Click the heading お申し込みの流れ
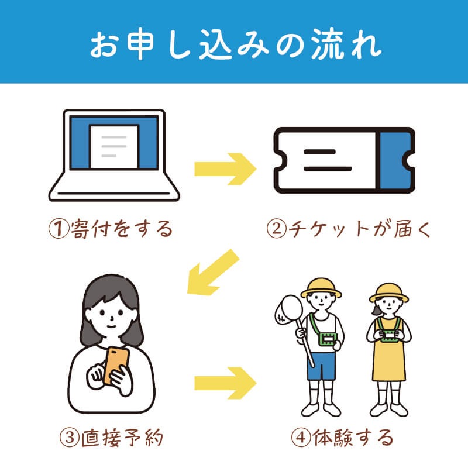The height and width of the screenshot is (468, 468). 236,44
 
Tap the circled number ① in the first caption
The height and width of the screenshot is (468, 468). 59,229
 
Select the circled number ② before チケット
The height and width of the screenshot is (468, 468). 277,229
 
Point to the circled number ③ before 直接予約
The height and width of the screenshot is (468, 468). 70,438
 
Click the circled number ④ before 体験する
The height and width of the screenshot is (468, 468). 301,438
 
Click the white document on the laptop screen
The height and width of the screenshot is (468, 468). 114,147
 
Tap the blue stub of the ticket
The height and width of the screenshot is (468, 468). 397,160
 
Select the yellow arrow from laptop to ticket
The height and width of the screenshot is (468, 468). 225,169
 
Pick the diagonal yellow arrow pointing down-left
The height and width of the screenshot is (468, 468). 213,272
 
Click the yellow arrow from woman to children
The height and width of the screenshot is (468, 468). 225,383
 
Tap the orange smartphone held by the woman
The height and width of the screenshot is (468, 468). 116,364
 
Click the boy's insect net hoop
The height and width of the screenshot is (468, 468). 288,310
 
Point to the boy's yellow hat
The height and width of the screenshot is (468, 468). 321,288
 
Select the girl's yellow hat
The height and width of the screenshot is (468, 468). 388,293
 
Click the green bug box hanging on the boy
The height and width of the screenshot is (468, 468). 328,339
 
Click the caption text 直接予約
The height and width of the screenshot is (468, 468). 122,438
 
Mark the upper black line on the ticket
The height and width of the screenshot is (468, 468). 319,152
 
